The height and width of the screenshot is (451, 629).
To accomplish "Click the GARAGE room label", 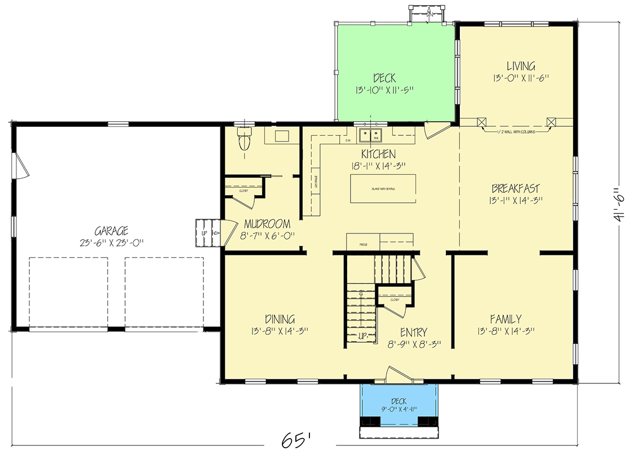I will click(112, 231).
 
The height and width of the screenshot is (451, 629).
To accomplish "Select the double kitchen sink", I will click(371, 135).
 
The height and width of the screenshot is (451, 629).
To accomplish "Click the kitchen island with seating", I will click(383, 188).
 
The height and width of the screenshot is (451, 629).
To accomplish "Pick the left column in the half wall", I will click(481, 122).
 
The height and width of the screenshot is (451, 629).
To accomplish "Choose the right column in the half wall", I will click(551, 122).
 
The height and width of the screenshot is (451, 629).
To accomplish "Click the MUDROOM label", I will click(268, 224).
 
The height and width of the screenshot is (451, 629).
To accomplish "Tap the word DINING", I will click(280, 319).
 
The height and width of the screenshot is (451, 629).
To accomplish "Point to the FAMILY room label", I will click(505, 319).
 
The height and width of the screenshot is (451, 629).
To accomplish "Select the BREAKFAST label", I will click(515, 188).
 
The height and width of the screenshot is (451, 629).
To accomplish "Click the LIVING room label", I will click(520, 67).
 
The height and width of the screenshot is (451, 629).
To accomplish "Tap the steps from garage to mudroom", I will click(206, 232).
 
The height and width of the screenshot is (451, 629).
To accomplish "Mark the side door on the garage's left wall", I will click(18, 166).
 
